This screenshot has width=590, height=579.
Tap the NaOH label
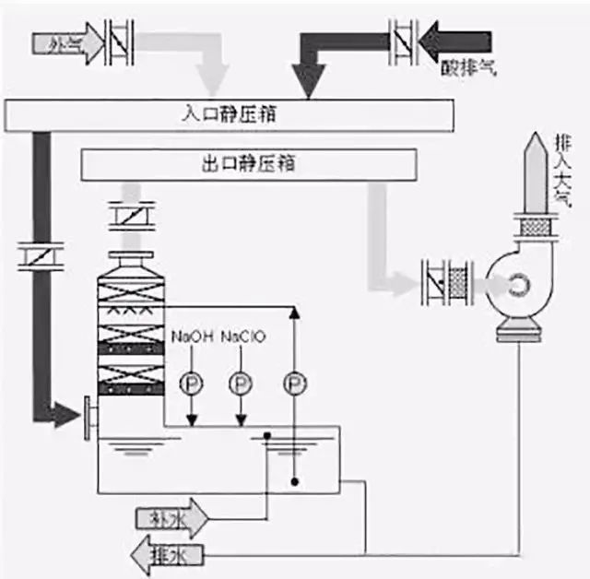click(x=191, y=337)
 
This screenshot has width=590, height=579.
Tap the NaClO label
click(x=243, y=337)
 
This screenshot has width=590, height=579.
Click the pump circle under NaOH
click(x=190, y=380)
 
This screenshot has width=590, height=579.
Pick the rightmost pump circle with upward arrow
click(x=293, y=380)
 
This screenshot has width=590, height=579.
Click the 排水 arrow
click(x=166, y=554)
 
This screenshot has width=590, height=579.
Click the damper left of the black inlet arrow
click(x=403, y=41)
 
